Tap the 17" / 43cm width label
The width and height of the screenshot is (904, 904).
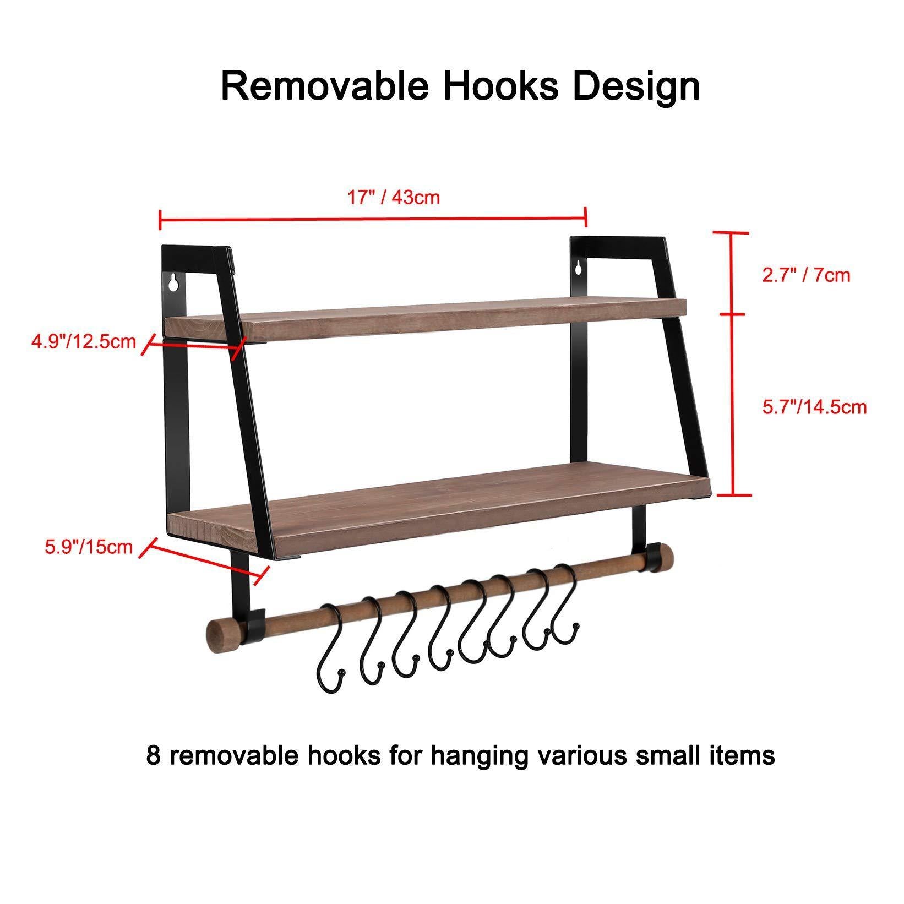(393, 197)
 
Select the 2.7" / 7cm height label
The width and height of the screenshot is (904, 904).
(806, 275)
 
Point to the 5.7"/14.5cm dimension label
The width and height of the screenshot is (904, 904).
(814, 407)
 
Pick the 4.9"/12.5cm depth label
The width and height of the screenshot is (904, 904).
(83, 341)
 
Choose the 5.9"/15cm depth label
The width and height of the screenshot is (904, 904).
(89, 547)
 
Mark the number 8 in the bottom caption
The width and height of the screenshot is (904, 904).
(154, 756)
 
